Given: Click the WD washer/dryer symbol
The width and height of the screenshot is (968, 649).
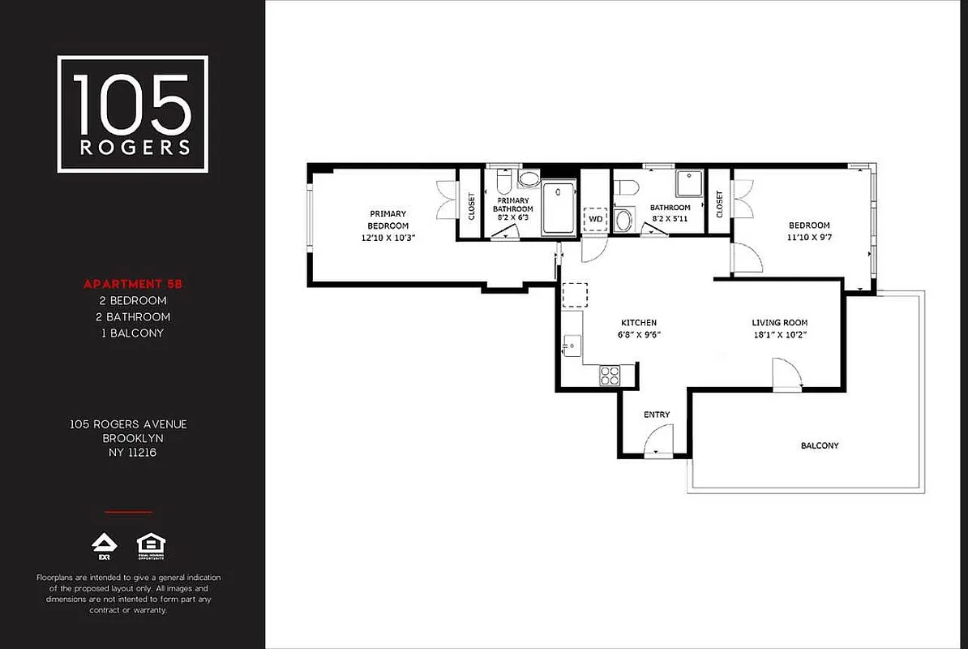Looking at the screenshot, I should click(x=596, y=219).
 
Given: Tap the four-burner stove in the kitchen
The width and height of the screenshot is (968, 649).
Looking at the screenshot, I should click(x=609, y=375).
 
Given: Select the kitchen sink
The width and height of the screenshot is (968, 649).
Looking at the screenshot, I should click(x=572, y=346).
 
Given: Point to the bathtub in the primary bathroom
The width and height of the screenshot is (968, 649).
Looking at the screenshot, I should click(x=558, y=208).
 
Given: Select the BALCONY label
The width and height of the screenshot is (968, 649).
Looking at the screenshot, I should click(x=820, y=445).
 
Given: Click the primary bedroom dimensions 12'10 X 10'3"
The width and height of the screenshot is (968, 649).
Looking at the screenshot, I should click(x=388, y=238).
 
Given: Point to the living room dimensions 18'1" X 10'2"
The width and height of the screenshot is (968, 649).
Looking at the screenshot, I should click(x=779, y=334).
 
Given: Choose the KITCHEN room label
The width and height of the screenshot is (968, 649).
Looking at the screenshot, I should click(x=639, y=323).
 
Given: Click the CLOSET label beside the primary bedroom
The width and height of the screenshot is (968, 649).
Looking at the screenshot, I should click(x=471, y=204).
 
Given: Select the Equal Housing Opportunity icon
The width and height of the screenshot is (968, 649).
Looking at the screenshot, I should click(x=151, y=546).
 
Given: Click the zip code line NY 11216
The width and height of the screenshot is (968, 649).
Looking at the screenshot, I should click(x=128, y=453).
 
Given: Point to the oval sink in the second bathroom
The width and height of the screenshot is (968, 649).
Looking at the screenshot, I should click(x=624, y=220).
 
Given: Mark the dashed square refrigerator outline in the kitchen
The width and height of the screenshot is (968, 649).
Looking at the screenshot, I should click(x=575, y=294).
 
